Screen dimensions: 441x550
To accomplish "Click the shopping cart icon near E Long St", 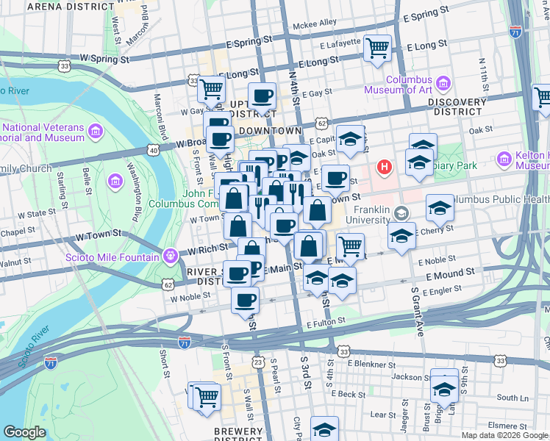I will click(x=377, y=49).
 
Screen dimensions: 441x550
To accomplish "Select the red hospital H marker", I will click(x=384, y=168).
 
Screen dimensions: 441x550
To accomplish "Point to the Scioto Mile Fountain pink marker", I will click(x=171, y=257).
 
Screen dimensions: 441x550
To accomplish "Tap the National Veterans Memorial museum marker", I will click(x=95, y=132).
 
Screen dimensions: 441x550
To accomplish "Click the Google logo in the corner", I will click(x=25, y=432).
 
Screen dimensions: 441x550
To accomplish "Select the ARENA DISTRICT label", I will click(x=60, y=6).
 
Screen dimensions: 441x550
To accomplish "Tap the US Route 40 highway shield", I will click(x=153, y=150).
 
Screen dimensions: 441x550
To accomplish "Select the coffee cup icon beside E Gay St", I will click(x=262, y=96).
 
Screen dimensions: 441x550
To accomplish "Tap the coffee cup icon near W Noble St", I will click(x=245, y=300).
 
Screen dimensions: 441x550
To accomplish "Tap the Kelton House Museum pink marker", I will click(x=504, y=158).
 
